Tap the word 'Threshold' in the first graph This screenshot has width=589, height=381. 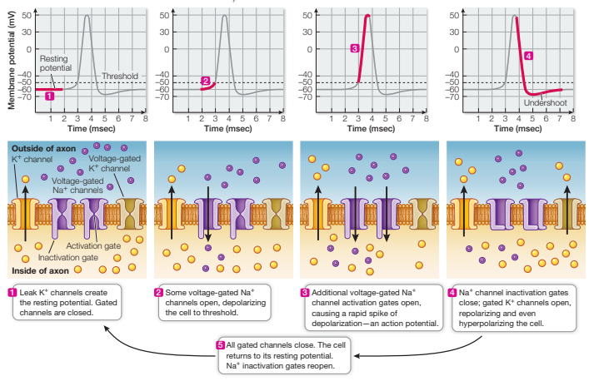[x=118, y=77]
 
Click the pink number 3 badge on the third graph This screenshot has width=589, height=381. [x=355, y=49]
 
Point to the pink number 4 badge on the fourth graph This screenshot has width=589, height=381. [x=530, y=56]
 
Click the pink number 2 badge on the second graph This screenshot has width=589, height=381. [x=205, y=80]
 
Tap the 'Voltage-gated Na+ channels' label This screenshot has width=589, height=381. [x=82, y=185]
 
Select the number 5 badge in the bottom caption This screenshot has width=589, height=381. [x=221, y=344]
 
